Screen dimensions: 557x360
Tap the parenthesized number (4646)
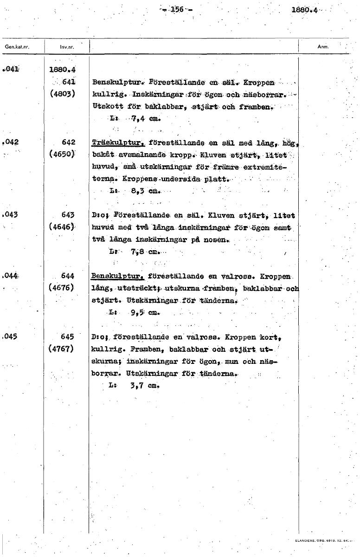coord(61,227)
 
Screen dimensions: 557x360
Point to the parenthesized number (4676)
coord(61,288)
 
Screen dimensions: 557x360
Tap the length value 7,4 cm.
coord(142,118)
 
